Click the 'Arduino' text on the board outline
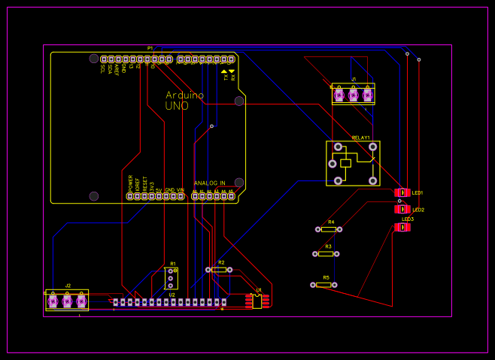184,95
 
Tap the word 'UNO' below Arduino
177,107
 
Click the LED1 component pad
402,192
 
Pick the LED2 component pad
402,209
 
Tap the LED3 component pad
402,227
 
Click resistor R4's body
329,229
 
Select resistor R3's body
326,254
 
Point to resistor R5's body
323,285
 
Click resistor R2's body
219,269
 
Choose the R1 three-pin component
171,278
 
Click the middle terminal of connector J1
354,94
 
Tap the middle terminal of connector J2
67,301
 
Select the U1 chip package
257,301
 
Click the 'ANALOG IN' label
209,183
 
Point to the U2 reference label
172,295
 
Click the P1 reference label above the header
150,48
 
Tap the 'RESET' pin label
145,183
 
